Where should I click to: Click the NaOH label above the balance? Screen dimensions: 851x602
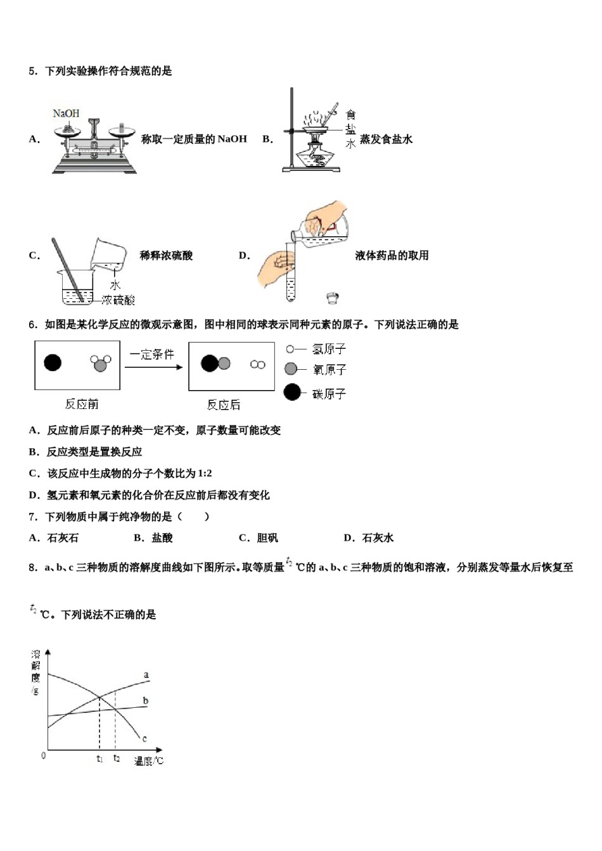click(x=66, y=113)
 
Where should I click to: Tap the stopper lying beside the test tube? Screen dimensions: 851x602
click(x=332, y=297)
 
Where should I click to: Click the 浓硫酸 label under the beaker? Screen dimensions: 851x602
click(x=118, y=299)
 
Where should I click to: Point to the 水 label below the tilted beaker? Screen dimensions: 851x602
click(x=115, y=285)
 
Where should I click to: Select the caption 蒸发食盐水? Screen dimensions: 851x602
click(x=386, y=139)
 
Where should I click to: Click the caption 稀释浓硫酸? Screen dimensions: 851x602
click(x=166, y=256)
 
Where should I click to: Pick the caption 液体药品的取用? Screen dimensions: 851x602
click(x=392, y=256)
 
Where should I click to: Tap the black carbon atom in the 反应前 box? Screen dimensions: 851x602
click(x=53, y=362)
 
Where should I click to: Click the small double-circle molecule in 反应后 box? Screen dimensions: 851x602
click(x=257, y=364)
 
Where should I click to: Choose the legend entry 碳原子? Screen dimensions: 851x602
click(x=329, y=394)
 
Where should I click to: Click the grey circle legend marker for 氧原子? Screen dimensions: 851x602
click(x=291, y=369)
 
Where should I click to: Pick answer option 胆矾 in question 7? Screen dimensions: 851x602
click(x=267, y=538)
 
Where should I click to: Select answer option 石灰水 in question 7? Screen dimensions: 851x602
click(x=377, y=538)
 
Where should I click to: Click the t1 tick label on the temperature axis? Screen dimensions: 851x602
click(x=99, y=759)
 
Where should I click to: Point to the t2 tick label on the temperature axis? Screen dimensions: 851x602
click(x=116, y=758)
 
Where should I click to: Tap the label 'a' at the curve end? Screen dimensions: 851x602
click(x=146, y=675)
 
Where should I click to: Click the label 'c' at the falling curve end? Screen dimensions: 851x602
click(x=144, y=738)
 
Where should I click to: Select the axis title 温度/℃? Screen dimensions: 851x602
click(x=148, y=760)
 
